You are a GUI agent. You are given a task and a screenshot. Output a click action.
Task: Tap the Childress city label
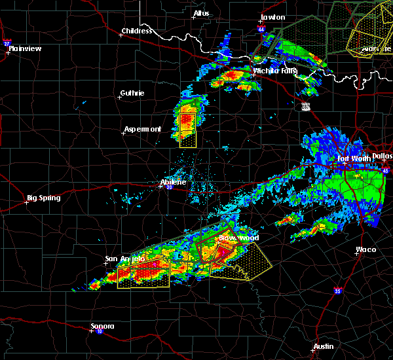pyautogui.click(x=136, y=31)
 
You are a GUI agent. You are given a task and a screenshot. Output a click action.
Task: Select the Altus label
pyautogui.click(x=201, y=13)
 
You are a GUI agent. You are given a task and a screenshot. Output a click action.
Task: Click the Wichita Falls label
pyautogui.click(x=275, y=70)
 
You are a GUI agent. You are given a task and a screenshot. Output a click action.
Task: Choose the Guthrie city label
pyautogui.click(x=134, y=94)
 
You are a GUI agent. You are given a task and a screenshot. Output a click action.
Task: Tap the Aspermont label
pyautogui.click(x=143, y=129)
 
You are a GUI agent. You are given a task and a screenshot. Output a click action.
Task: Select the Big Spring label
pyautogui.click(x=43, y=198)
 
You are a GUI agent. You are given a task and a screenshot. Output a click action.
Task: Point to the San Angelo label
pyautogui.click(x=124, y=259)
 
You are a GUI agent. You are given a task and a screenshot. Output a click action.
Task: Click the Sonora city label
pyautogui.click(x=102, y=326)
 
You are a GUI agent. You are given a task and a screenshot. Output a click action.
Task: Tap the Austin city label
pyautogui.click(x=323, y=346)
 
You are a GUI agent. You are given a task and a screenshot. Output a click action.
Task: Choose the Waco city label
pyautogui.click(x=365, y=249)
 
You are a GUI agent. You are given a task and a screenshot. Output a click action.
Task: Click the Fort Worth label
pyautogui.click(x=353, y=158)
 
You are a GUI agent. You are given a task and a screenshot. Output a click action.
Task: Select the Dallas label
pyautogui.click(x=381, y=156)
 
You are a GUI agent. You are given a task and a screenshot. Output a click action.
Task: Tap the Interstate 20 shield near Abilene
pyautogui.click(x=169, y=188)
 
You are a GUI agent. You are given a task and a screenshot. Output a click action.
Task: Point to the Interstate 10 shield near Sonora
pyautogui.click(x=99, y=331)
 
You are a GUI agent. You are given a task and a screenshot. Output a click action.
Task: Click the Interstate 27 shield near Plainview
pyautogui.click(x=7, y=43)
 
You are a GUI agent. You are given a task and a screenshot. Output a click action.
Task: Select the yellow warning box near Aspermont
pyautogui.click(x=187, y=129)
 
